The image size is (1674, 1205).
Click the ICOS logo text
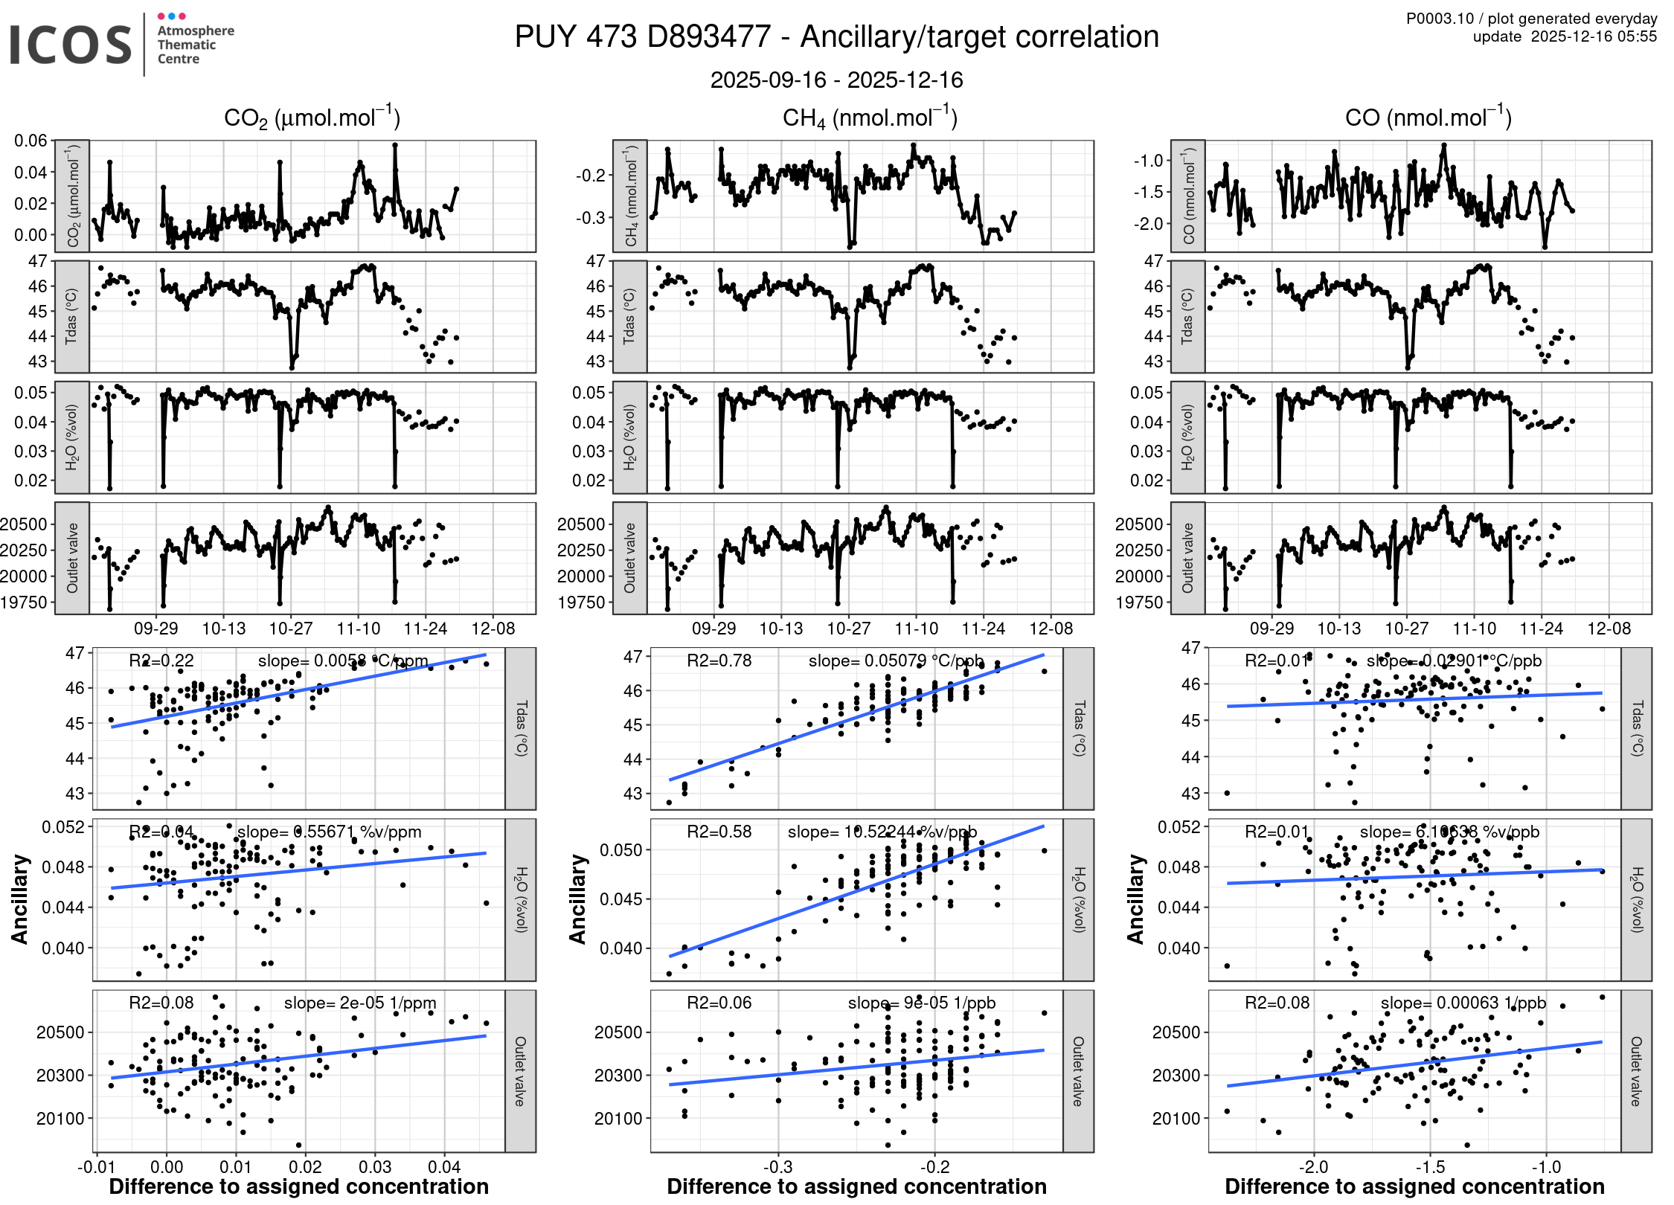pos(71,45)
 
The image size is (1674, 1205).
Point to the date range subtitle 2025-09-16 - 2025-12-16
pos(836,80)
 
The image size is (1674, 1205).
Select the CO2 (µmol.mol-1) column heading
pos(312,118)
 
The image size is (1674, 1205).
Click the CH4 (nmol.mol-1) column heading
pos(870,118)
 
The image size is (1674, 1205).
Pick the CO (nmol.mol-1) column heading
pos(1428,118)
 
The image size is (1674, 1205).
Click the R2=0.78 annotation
pos(719,661)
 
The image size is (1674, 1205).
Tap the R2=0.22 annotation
pos(161,661)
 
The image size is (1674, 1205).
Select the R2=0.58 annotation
pos(719,832)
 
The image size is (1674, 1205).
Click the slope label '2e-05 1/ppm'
pos(388,1003)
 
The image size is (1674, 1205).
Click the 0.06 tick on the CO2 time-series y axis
pos(31,141)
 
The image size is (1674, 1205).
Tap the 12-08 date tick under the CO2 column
pos(493,629)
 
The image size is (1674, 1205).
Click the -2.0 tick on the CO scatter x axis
pos(1313,1167)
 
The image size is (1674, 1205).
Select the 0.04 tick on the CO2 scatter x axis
pos(444,1167)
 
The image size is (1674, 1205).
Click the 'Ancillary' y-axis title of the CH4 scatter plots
pos(578,899)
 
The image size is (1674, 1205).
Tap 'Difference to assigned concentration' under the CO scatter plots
pos(1414,1186)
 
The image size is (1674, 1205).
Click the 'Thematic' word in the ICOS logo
pos(186,45)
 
